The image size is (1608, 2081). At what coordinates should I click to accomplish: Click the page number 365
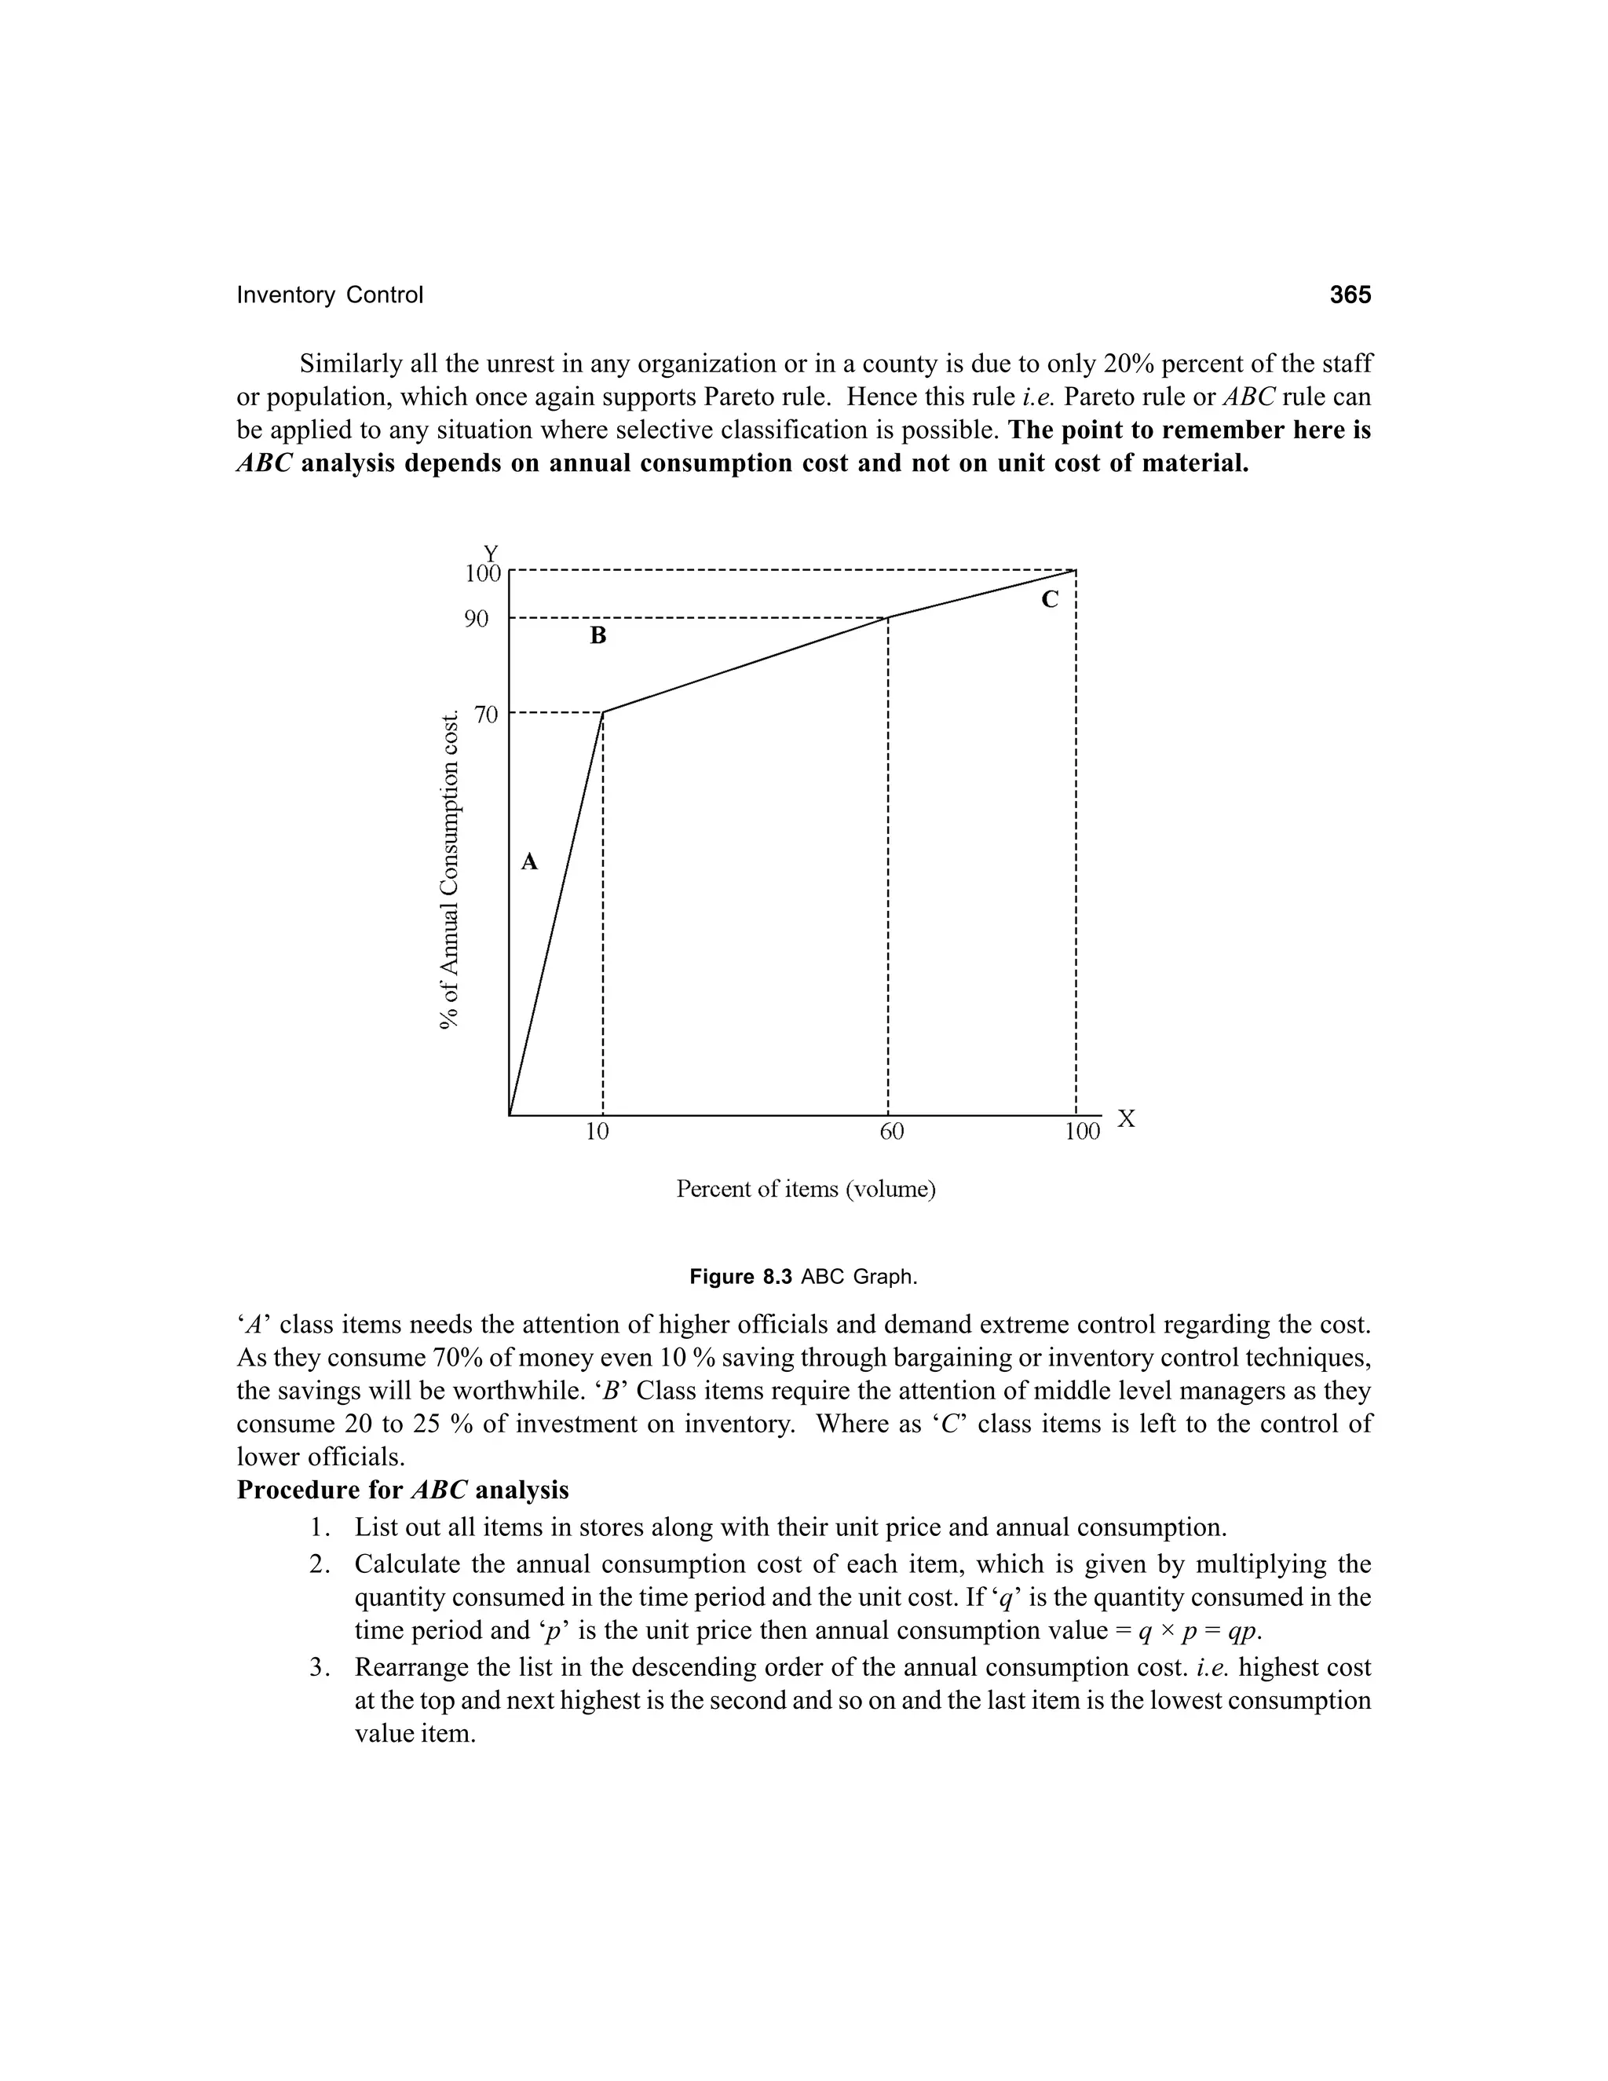(x=1350, y=295)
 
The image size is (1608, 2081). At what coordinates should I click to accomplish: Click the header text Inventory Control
(x=330, y=295)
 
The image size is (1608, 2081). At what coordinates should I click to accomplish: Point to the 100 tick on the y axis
(x=482, y=573)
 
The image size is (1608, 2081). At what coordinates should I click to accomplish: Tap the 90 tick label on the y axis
(x=477, y=620)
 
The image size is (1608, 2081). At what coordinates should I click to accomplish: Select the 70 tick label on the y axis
(x=486, y=714)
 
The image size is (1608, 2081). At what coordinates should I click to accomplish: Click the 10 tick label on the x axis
(x=598, y=1131)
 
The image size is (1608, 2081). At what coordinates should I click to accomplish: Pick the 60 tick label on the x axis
(x=892, y=1131)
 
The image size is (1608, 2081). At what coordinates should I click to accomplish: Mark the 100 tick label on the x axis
(x=1082, y=1131)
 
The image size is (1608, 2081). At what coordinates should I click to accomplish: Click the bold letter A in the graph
(x=530, y=862)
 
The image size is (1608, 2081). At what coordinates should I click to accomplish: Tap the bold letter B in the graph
(x=598, y=635)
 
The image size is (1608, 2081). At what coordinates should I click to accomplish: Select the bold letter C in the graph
(x=1050, y=599)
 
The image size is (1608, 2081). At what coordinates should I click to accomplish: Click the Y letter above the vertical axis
(x=491, y=554)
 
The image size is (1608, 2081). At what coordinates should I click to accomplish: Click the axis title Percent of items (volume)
(x=806, y=1189)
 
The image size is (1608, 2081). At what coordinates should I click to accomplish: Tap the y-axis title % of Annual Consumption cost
(x=450, y=869)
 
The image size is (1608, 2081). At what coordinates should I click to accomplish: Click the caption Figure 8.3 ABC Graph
(x=803, y=1277)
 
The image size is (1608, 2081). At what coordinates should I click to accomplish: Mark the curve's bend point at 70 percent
(x=603, y=711)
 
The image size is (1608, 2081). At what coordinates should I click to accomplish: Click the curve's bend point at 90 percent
(x=888, y=617)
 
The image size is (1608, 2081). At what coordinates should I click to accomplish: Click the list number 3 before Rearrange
(x=318, y=1667)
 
